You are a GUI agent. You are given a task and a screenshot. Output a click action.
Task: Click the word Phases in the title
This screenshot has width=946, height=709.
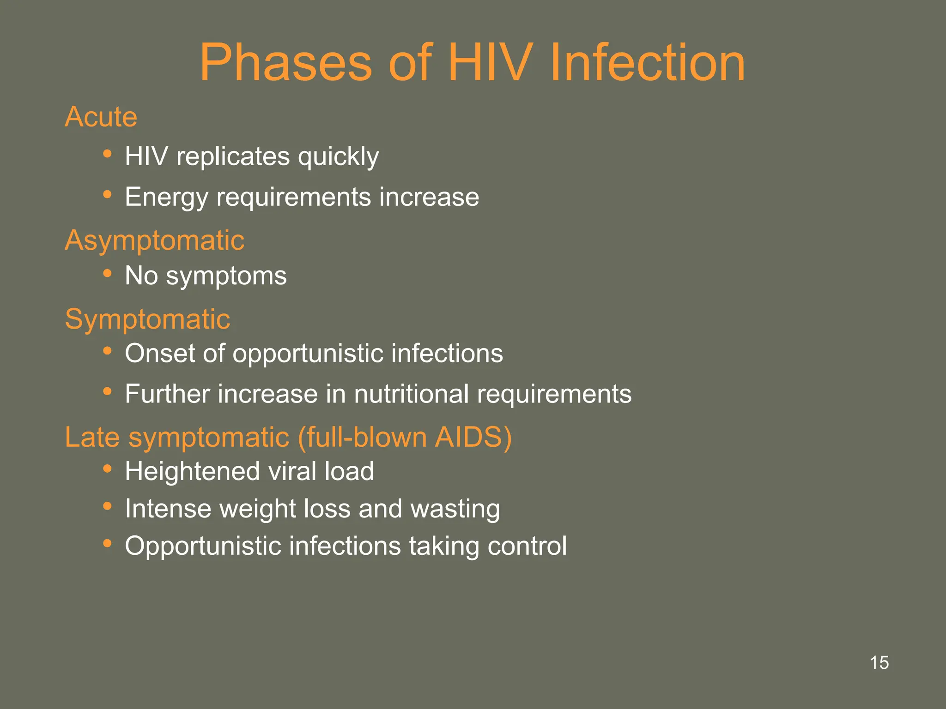pyautogui.click(x=285, y=63)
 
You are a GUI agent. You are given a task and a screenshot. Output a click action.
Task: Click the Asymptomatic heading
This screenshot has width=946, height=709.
pyautogui.click(x=154, y=240)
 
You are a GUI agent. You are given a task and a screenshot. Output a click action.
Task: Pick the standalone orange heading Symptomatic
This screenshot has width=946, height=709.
pyautogui.click(x=147, y=319)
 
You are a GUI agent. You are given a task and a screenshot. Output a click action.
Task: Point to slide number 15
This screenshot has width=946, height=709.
pyautogui.click(x=879, y=663)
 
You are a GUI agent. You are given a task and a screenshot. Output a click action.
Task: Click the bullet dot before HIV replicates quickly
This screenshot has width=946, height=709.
pyautogui.click(x=107, y=154)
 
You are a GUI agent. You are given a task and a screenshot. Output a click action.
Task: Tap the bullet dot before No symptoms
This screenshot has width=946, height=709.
pyautogui.click(x=107, y=273)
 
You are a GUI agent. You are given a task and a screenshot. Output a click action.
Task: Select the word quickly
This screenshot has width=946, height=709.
pyautogui.click(x=338, y=157)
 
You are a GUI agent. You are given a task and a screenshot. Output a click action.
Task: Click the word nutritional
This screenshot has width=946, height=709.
pyautogui.click(x=411, y=394)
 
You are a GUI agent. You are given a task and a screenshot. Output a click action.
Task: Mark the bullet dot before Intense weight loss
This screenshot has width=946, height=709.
pyautogui.click(x=107, y=506)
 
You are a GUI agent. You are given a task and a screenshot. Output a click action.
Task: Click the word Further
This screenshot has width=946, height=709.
pyautogui.click(x=167, y=394)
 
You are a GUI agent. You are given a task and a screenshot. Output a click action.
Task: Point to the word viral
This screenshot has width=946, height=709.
pyautogui.click(x=292, y=472)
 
